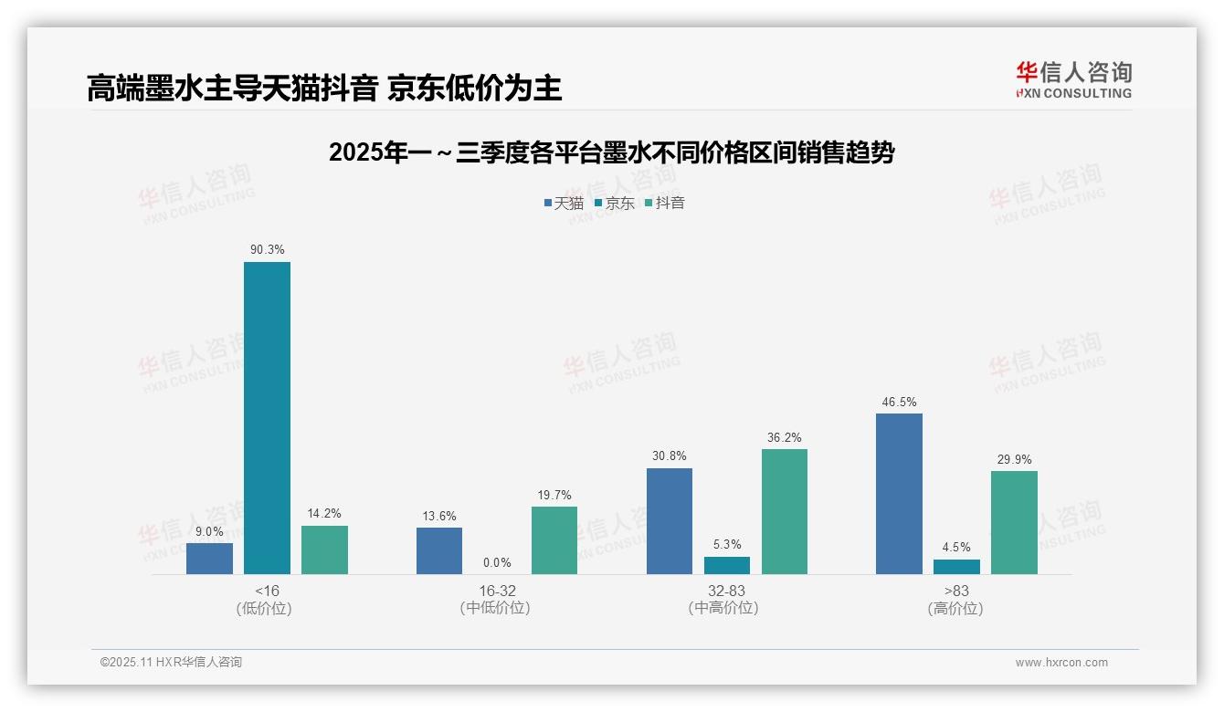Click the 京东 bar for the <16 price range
267,418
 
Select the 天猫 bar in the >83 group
899,494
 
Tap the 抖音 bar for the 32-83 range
785,511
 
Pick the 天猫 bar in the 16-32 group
439,550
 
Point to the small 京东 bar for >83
956,567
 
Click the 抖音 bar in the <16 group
324,550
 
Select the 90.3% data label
267,249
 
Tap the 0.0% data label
497,563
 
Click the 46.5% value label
899,402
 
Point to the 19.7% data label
554,495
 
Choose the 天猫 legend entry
564,203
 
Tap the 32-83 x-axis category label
726,591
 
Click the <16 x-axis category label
267,591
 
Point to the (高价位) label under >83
955,608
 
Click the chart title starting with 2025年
611,152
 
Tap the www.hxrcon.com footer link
1061,663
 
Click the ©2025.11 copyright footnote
171,662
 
